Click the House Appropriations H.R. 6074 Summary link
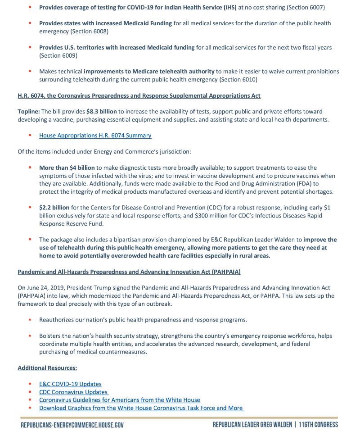95,136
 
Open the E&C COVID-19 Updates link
70,384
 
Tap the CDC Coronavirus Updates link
74,392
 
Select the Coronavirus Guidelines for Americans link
119,400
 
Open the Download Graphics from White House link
141,408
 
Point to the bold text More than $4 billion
67,168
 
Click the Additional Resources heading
47,368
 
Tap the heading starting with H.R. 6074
139,95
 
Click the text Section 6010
238,80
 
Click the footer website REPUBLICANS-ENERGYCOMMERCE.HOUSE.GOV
72,425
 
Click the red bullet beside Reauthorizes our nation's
30,320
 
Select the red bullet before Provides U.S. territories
30,47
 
